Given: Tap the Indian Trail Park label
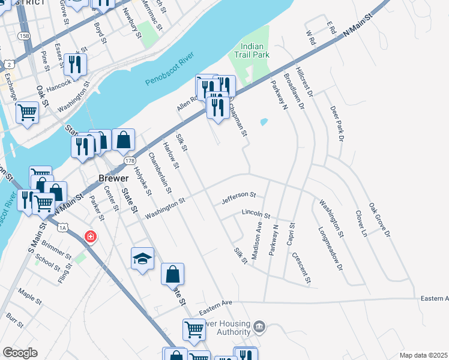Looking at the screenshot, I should point(255,50).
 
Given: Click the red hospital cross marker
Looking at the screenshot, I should point(90,236).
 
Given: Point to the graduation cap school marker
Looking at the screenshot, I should point(142,259).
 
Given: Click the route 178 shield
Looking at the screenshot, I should point(130,161).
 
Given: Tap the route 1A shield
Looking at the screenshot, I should point(62,227).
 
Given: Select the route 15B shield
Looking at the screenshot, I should point(24,36).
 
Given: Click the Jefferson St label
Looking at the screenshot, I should point(239,195).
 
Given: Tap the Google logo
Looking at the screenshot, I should point(20,353).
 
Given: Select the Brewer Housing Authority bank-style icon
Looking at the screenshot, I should point(259,327).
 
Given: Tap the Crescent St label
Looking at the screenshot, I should point(301,268).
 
